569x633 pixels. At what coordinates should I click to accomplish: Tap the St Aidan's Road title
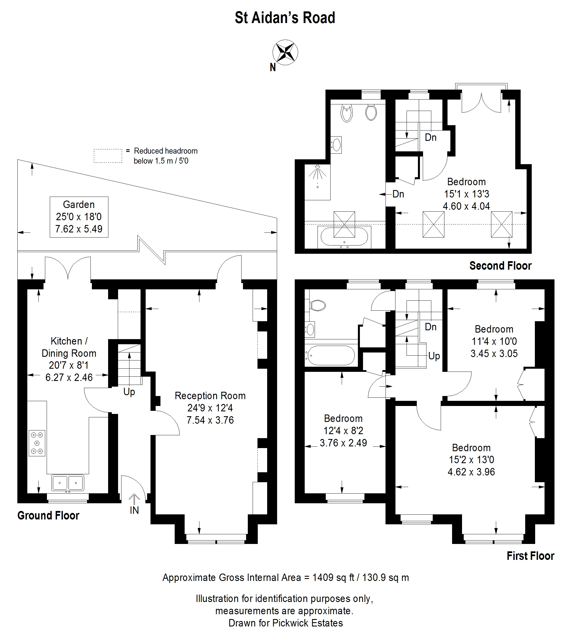click(x=285, y=18)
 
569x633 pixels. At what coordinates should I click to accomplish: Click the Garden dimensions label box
click(x=79, y=217)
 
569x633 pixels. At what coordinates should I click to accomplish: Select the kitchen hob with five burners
click(x=37, y=443)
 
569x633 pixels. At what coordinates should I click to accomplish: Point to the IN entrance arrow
click(x=135, y=499)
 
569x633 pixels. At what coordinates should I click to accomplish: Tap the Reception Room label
click(x=210, y=396)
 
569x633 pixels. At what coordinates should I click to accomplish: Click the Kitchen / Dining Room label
click(x=69, y=347)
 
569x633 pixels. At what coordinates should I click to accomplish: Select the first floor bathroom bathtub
click(x=331, y=355)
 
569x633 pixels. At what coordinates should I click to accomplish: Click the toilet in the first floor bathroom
click(x=317, y=305)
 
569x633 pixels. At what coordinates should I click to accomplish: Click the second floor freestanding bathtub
click(x=344, y=237)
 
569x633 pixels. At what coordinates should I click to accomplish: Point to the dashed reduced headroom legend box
click(x=108, y=156)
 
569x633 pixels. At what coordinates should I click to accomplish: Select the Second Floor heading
click(x=500, y=266)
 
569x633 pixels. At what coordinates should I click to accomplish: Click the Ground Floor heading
click(x=48, y=516)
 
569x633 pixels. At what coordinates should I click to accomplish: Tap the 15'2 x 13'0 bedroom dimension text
click(x=471, y=459)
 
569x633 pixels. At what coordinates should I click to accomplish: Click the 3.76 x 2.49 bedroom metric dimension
click(x=343, y=443)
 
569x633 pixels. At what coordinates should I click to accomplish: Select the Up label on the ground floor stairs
click(x=129, y=392)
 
